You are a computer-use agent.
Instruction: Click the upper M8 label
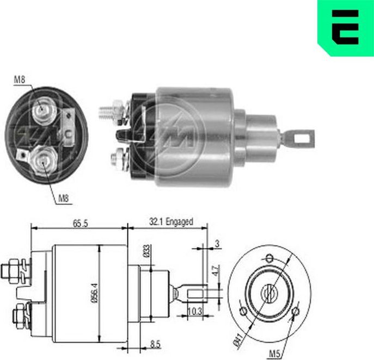pos(20,80)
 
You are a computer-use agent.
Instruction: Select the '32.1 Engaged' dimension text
pos(171,222)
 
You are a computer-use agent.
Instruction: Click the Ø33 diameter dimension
pos(146,251)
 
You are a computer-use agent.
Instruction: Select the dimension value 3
pos(217,245)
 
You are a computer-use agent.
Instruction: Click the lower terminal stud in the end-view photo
pos(41,160)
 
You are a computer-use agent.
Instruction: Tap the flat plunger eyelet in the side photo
pos(299,138)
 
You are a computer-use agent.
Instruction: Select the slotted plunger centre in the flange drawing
pos(268,294)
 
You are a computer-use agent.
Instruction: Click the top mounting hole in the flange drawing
pos(268,258)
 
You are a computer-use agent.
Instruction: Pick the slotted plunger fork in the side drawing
pos(195,294)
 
